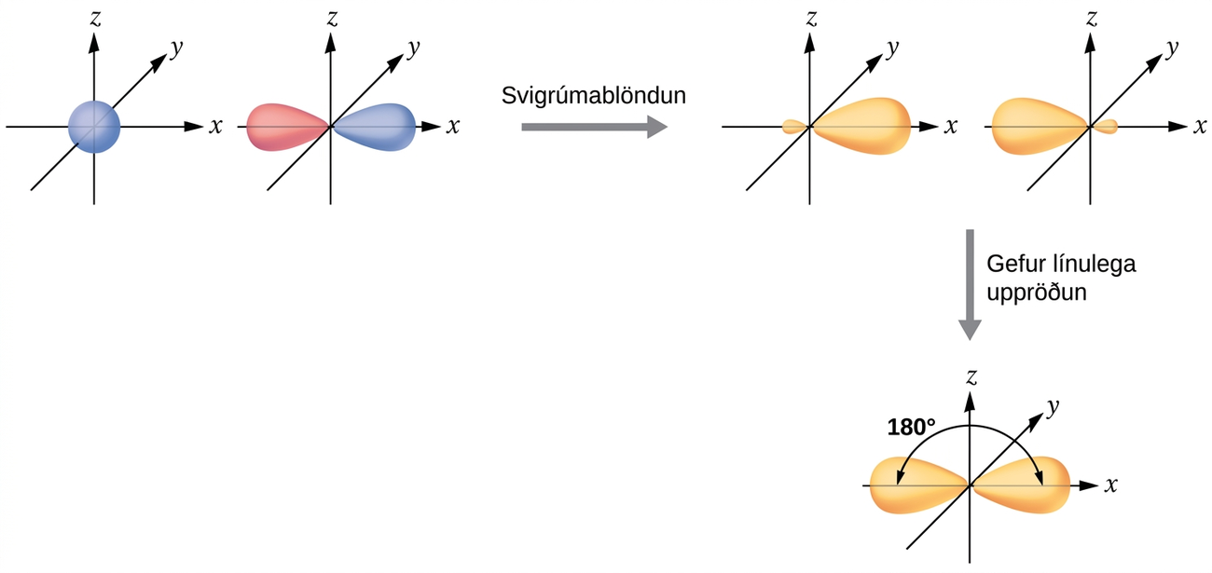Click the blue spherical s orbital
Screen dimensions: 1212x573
coord(94,127)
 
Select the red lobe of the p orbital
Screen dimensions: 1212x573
coord(287,127)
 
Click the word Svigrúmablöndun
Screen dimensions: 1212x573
coord(594,96)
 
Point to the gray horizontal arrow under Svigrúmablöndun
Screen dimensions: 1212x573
coord(594,127)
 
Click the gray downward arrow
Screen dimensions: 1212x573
coord(971,285)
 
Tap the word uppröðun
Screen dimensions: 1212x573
coord(1037,293)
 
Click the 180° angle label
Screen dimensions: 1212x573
coord(911,428)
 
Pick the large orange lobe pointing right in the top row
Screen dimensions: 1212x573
coord(861,126)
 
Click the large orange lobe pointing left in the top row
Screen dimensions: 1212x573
coord(1040,126)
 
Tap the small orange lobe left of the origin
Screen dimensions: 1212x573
coord(795,127)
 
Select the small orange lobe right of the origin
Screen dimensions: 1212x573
coord(1105,127)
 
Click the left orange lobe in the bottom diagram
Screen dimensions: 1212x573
coord(918,485)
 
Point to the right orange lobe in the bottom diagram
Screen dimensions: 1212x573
coord(1021,485)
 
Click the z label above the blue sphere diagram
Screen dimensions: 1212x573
coord(95,20)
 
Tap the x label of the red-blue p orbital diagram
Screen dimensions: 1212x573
coord(453,127)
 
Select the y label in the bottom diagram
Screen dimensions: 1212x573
coord(1053,407)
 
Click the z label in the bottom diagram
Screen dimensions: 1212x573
coord(971,376)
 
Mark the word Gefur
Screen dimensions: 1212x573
coord(1012,265)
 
